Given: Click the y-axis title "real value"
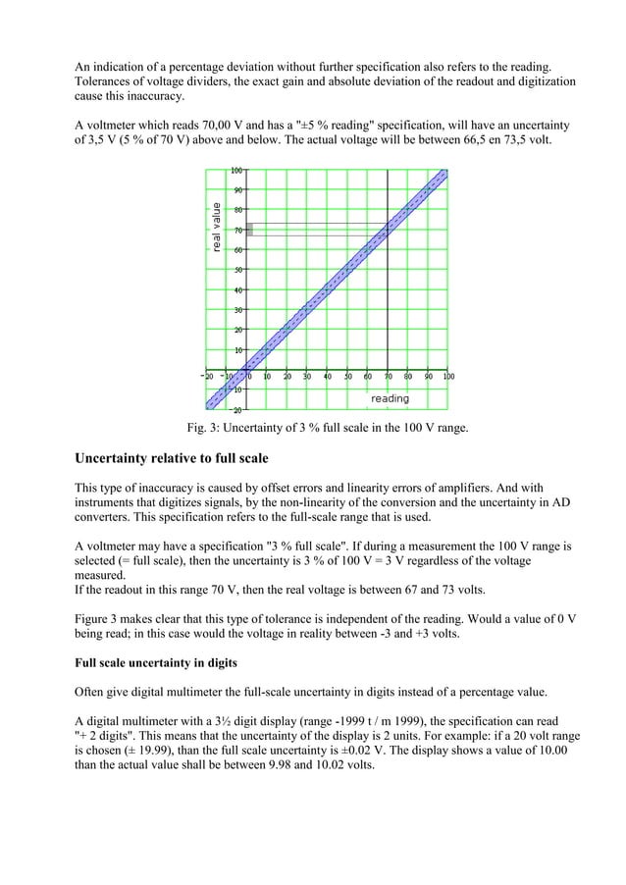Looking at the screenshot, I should pos(216,227).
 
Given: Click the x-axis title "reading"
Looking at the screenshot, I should pos(390,398).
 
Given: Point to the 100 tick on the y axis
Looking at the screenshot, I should pos(237,171).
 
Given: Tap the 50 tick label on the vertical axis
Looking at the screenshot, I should pos(236,270).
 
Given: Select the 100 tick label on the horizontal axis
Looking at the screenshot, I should pos(448,376).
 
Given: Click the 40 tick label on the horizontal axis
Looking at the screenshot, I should pos(328,376).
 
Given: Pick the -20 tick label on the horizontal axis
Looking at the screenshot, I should pos(207,376).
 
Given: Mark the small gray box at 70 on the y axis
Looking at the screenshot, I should pos(249,229).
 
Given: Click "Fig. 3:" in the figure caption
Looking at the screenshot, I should pos(207,427).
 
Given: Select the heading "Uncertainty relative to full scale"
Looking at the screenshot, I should pos(174,457).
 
